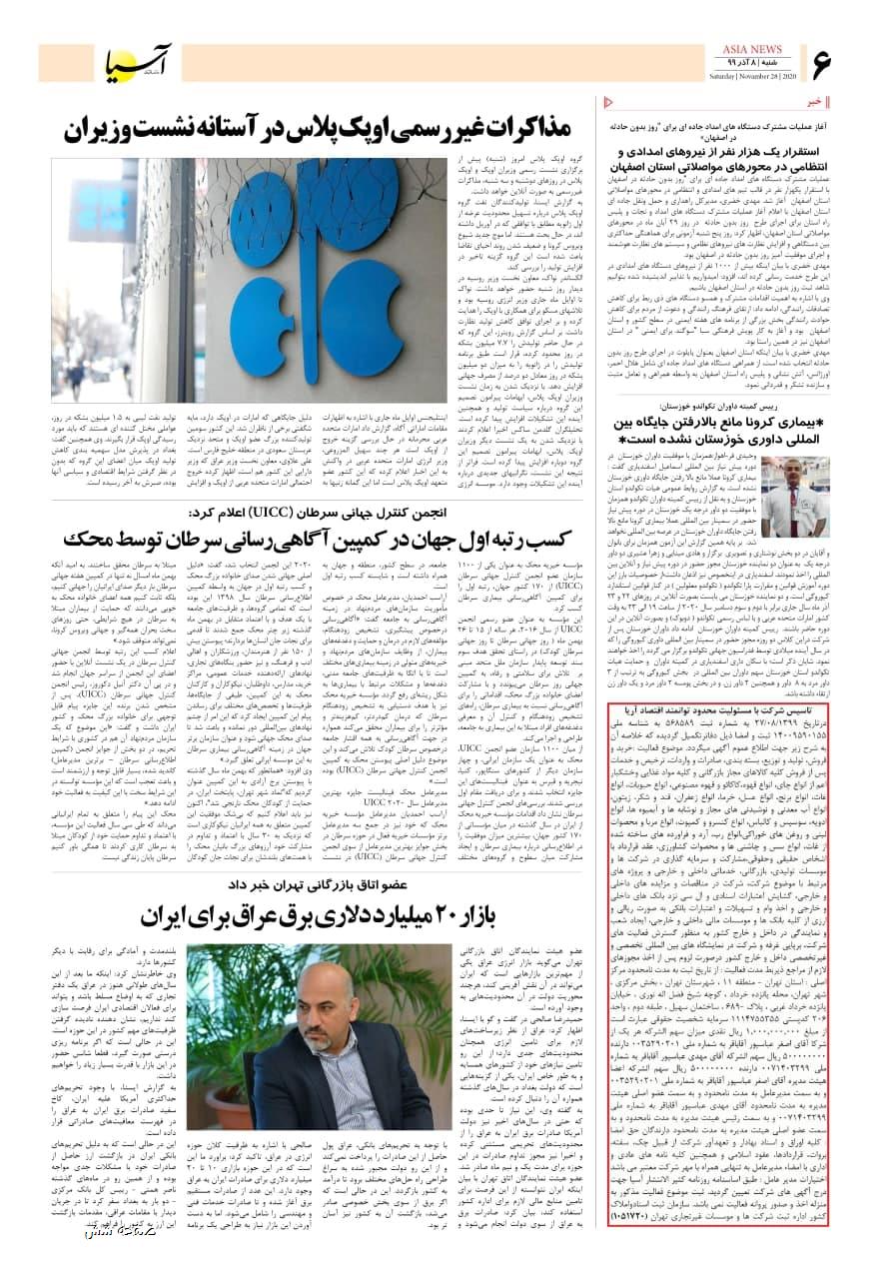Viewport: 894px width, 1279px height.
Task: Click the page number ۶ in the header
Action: click(x=822, y=67)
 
